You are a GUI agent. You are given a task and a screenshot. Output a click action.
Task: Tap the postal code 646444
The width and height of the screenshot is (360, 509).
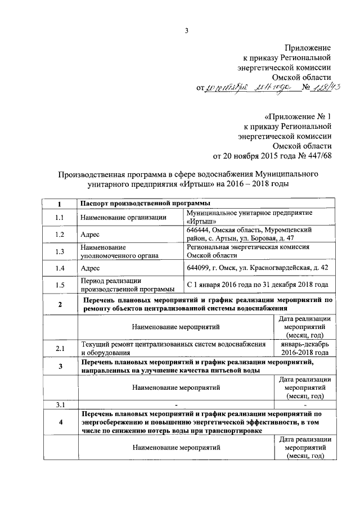(x=200, y=230)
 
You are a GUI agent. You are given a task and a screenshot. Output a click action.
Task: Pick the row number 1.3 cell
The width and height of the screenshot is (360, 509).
(x=60, y=251)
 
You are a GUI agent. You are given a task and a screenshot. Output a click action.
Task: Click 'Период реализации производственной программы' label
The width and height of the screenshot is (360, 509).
(x=127, y=285)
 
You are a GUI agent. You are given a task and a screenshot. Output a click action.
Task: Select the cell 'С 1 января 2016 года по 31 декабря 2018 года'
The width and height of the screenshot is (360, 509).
(x=257, y=285)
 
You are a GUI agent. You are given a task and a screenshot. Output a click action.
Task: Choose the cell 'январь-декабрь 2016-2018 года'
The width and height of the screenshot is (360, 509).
(x=304, y=349)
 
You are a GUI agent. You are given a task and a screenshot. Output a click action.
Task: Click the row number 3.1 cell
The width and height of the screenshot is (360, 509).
(x=60, y=404)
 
